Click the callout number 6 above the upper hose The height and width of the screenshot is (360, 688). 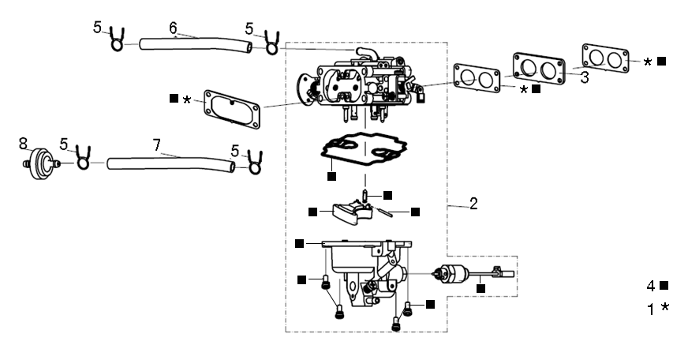pos(173,28)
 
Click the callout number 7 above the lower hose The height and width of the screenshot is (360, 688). pos(156,145)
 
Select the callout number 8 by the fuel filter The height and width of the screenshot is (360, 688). pos(24,143)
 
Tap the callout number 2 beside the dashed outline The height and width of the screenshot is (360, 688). pos(473,204)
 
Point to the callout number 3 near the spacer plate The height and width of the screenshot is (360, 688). pos(584,78)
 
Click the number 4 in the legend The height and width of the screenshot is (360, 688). pos(652,285)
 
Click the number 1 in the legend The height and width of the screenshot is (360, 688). pos(652,309)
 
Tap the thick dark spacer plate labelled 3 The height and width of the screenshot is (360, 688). pos(540,69)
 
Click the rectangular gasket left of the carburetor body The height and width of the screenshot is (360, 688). pos(233,108)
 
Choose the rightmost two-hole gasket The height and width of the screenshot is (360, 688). pos(605,58)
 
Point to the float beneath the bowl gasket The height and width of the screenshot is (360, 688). pos(346,212)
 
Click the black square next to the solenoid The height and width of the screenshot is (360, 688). pos(480,289)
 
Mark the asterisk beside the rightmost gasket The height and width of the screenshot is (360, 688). pos(648,62)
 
